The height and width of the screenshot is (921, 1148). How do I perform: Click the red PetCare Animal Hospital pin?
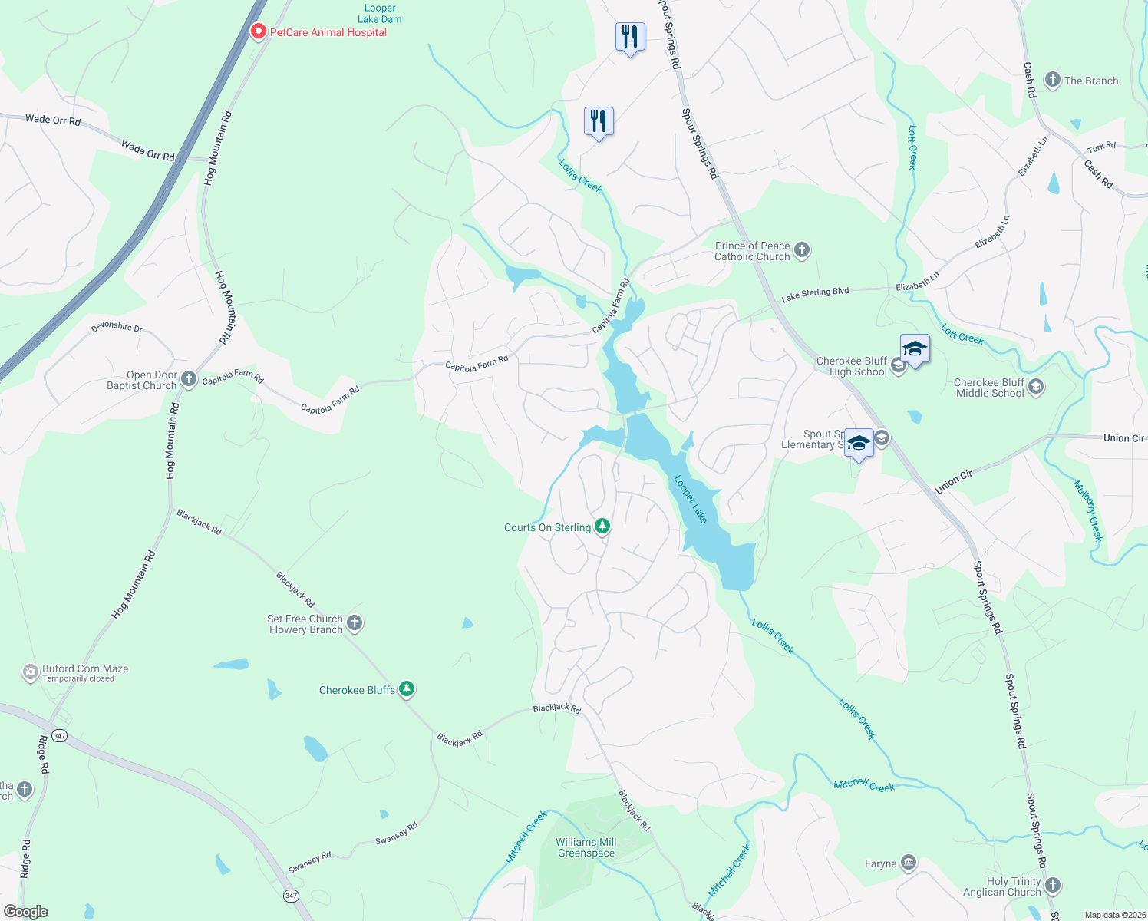[259, 31]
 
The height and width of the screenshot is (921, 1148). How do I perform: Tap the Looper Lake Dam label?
[380, 14]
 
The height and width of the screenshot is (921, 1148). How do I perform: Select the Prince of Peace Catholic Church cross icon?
[802, 250]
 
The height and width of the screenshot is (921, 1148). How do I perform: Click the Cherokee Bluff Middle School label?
[989, 388]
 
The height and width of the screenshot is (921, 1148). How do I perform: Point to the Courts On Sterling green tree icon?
[603, 527]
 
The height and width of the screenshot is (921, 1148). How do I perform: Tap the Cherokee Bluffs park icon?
[407, 689]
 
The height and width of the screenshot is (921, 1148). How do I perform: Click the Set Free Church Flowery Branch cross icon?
[355, 623]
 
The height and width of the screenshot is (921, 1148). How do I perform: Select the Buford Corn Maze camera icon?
[30, 673]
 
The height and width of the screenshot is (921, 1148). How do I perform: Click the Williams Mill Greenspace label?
[586, 847]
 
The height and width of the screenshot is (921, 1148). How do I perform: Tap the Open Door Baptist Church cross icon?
[189, 379]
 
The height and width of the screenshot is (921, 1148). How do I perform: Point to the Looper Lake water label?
[691, 499]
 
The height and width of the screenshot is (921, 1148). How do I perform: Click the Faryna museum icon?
[909, 863]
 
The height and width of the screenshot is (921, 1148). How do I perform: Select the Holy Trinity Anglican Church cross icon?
[1053, 886]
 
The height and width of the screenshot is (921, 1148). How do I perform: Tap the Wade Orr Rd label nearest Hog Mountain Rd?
[148, 150]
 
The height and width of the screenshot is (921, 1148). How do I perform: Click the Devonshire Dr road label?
[117, 328]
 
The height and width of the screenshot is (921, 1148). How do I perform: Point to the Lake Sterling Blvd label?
[815, 294]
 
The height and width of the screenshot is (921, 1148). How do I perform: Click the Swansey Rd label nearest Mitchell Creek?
[397, 834]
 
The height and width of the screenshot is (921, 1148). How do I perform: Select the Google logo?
[25, 912]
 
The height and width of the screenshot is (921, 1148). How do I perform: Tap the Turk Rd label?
[1101, 147]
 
